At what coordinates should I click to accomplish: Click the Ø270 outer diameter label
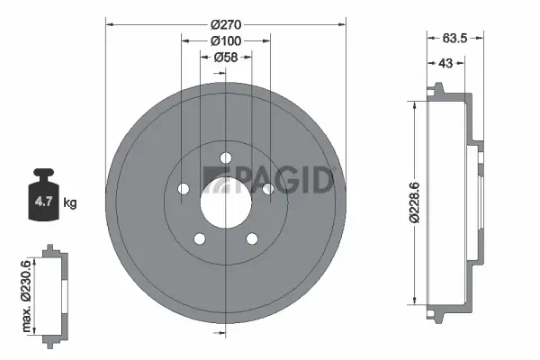[223, 25]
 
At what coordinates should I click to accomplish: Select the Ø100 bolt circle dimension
[223, 41]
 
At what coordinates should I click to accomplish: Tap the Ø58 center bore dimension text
[223, 58]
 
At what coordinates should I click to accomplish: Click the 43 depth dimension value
[445, 64]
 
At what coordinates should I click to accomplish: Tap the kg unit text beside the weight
[69, 203]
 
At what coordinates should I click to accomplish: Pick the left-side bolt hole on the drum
[184, 189]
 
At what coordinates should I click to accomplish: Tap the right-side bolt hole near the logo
[266, 188]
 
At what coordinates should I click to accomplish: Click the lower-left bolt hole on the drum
[200, 238]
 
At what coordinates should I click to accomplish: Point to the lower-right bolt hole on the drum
[250, 238]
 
